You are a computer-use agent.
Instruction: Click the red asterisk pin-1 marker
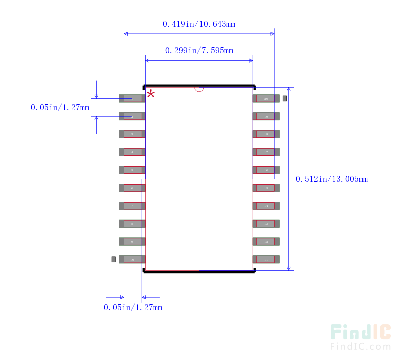[150, 94]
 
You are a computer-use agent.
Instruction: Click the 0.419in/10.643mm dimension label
[199, 24]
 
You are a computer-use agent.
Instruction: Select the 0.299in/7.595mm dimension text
[199, 50]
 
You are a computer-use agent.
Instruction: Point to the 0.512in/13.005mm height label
[332, 179]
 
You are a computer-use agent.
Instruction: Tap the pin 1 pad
[132, 99]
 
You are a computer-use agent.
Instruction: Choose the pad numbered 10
[132, 259]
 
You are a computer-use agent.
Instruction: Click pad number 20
[266, 99]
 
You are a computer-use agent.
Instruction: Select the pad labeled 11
[266, 259]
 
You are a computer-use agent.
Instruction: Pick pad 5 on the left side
[132, 170]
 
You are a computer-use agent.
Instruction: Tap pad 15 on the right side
[266, 188]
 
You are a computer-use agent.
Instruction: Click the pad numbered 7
[132, 206]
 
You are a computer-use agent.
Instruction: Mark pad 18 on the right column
[266, 134]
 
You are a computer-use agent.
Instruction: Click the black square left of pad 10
[114, 259]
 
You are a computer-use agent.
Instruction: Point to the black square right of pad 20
[284, 99]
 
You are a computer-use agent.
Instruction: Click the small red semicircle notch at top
[199, 89]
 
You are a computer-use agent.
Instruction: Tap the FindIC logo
[360, 332]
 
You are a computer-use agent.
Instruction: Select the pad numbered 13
[266, 224]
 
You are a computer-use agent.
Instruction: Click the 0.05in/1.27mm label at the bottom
[133, 307]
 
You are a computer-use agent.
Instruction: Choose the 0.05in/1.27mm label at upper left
[60, 107]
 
